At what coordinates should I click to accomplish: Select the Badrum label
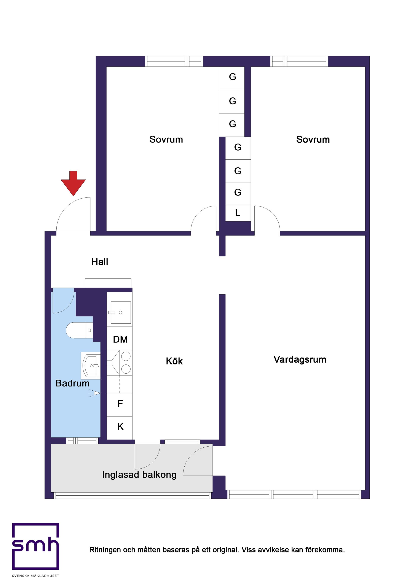coord(72,383)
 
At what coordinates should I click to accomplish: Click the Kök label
coord(174,361)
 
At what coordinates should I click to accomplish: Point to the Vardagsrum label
coord(300,360)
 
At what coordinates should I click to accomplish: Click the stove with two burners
coord(126,363)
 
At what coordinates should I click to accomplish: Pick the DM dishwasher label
coord(120,340)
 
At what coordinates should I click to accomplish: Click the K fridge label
coord(120,426)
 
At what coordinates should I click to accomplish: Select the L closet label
coord(238,213)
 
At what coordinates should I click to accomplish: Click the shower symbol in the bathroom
coord(96,393)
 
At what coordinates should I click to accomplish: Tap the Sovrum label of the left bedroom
coord(166,140)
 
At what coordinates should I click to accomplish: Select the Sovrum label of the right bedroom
coord(313,140)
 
